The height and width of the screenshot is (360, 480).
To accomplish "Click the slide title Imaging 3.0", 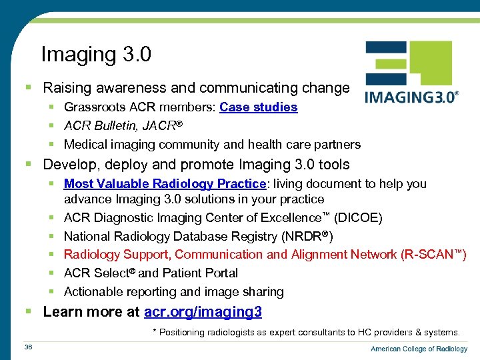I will click(x=96, y=54).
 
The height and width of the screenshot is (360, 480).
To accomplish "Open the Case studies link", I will click(x=258, y=107).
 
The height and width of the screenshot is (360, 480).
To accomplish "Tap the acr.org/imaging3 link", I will click(x=203, y=311).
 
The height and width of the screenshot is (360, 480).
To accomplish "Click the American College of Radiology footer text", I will click(x=419, y=349).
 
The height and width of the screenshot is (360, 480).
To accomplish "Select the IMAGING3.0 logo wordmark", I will click(x=411, y=97).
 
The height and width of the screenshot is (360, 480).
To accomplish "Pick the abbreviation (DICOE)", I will click(x=359, y=218).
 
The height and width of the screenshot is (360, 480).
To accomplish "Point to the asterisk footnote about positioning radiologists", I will click(x=306, y=332).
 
